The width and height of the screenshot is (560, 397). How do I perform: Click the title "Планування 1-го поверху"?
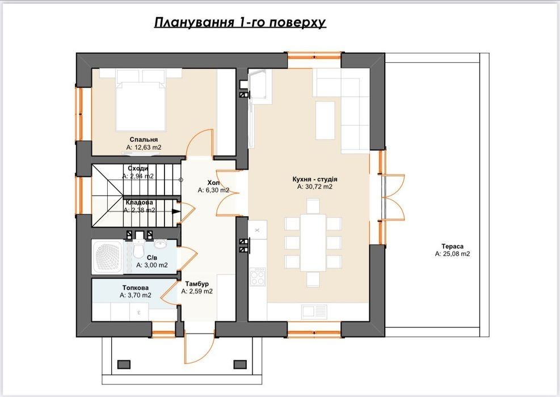click(x=240, y=22)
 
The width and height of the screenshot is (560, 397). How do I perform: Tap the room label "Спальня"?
click(x=144, y=140)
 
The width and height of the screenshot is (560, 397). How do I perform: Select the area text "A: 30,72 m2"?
click(x=315, y=187)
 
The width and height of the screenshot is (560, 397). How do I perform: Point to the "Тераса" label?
click(x=452, y=246)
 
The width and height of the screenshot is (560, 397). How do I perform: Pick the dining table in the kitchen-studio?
click(x=313, y=242)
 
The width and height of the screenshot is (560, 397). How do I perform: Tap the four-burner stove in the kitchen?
click(x=258, y=276)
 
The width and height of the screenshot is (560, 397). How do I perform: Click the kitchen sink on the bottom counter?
click(x=314, y=311)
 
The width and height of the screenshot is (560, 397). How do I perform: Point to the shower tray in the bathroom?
click(x=108, y=256)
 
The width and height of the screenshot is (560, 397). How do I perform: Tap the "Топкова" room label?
click(x=136, y=288)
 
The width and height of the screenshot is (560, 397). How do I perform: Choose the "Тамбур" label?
click(x=197, y=284)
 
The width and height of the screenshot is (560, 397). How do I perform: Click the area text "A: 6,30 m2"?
click(x=213, y=191)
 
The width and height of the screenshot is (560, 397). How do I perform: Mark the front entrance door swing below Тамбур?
click(x=199, y=348)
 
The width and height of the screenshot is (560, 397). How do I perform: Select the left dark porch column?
click(x=124, y=364)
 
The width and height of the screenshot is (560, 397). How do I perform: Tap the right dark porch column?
click(x=239, y=364)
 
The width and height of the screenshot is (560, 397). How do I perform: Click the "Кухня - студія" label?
click(x=315, y=179)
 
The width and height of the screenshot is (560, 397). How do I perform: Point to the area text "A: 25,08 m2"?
click(x=453, y=254)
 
